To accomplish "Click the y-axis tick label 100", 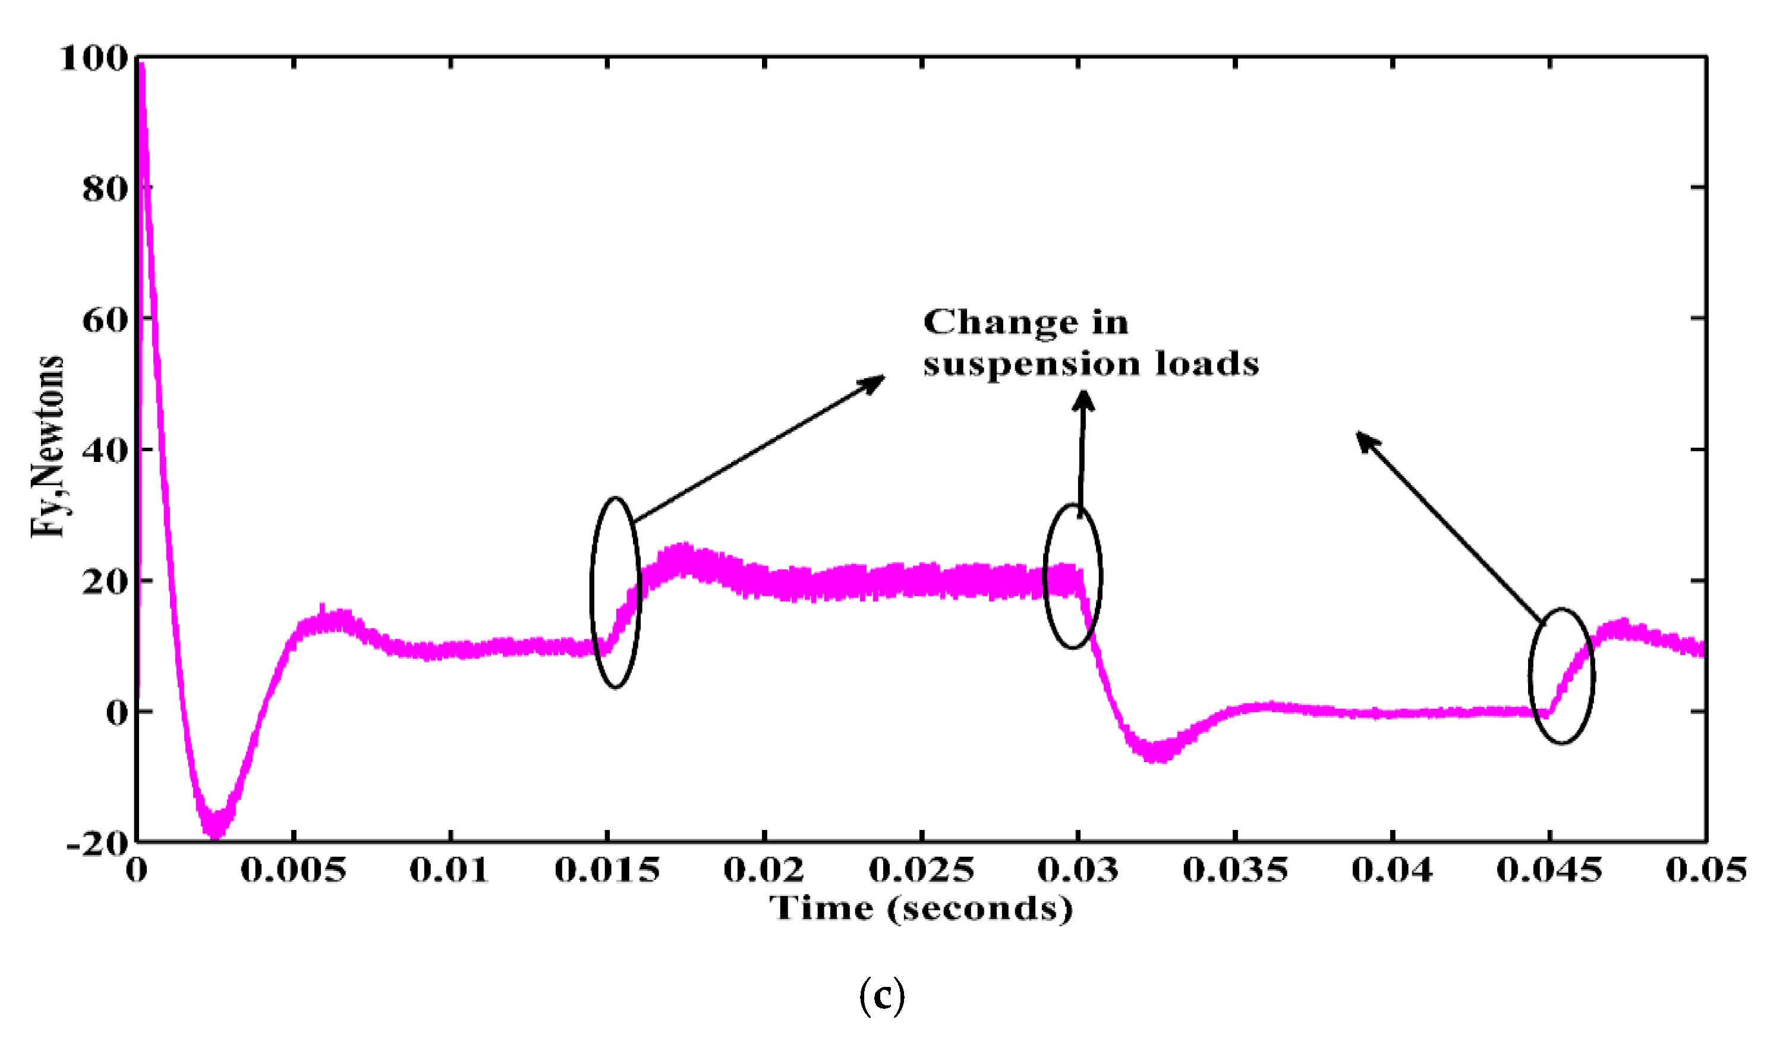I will click(x=93, y=58).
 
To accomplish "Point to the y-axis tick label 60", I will click(x=105, y=320).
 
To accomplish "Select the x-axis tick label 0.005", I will click(x=293, y=870).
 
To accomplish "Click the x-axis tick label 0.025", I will click(x=922, y=870).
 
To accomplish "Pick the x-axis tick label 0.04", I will click(x=1391, y=870).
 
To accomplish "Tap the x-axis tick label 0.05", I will click(x=1706, y=870).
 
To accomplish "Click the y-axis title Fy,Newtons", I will click(x=48, y=446).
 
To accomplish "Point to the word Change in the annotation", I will click(x=1000, y=323).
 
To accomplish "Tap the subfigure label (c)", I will click(x=882, y=997).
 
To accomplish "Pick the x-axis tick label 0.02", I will click(x=764, y=870).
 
